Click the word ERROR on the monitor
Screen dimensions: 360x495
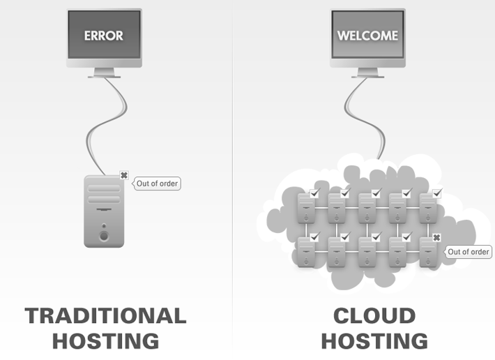pyautogui.click(x=103, y=36)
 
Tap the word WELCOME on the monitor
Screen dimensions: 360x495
pyautogui.click(x=367, y=36)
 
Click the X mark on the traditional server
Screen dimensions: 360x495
pyautogui.click(x=124, y=175)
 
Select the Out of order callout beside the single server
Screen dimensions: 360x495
pyautogui.click(x=158, y=183)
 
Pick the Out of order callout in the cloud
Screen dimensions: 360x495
pyautogui.click(x=469, y=251)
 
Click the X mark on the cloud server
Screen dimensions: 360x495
pyautogui.click(x=436, y=238)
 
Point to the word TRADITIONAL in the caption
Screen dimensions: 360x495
pyautogui.click(x=106, y=315)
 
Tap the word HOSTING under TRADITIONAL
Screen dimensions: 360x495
pyautogui.click(x=106, y=341)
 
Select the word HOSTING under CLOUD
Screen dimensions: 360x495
pyautogui.click(x=374, y=341)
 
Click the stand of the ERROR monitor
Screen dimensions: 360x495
pyautogui.click(x=104, y=72)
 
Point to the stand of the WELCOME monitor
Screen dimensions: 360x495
pyautogui.click(x=367, y=72)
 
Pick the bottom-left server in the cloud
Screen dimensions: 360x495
pyautogui.click(x=307, y=253)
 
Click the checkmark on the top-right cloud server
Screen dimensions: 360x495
pyautogui.click(x=436, y=193)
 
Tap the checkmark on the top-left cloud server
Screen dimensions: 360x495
pyautogui.click(x=314, y=193)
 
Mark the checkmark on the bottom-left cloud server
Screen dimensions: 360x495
pyautogui.click(x=314, y=237)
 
